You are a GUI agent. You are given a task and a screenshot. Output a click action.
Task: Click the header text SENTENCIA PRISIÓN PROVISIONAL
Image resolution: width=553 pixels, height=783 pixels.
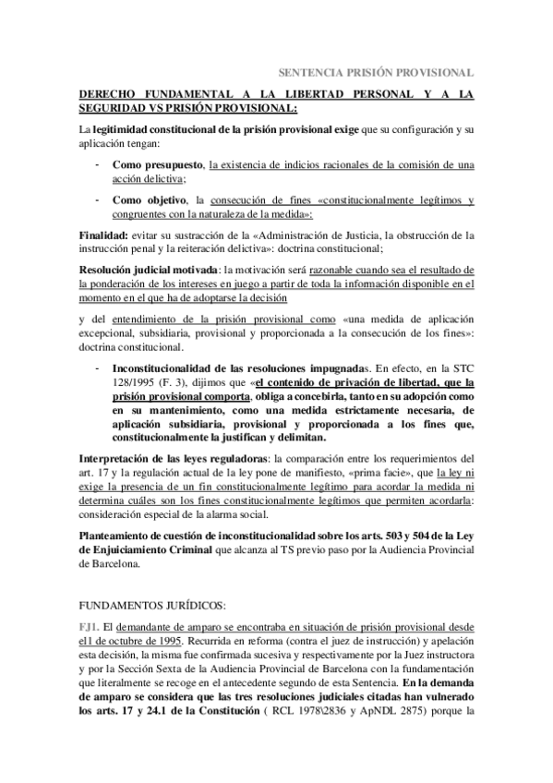(x=377, y=71)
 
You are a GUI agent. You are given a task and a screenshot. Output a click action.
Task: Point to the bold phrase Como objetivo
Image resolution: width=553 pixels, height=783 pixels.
(x=149, y=199)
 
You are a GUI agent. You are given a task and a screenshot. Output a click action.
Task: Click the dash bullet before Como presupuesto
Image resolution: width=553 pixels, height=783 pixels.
(x=98, y=164)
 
